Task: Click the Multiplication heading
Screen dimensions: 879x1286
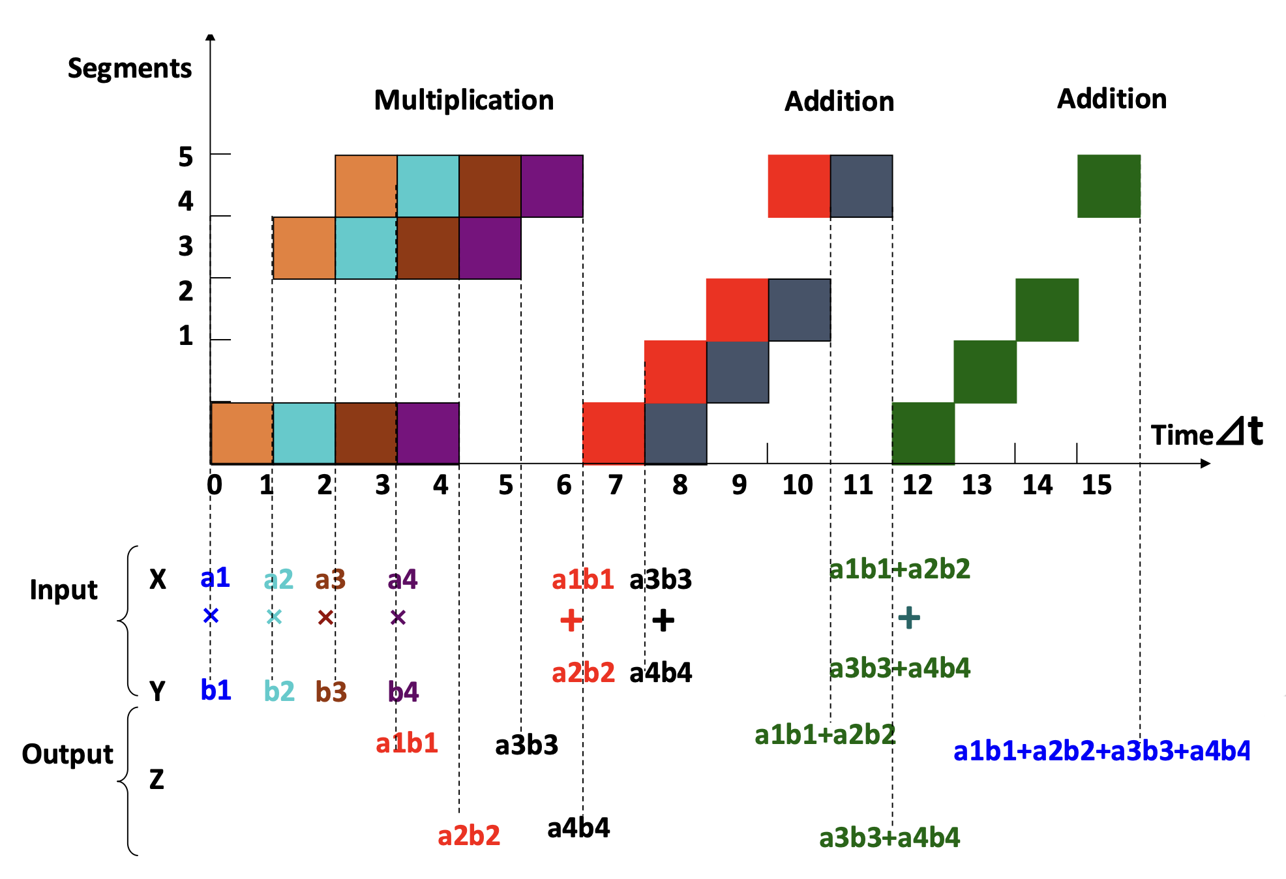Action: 464,100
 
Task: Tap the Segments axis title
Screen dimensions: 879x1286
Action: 130,68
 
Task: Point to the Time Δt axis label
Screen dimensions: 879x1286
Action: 1206,433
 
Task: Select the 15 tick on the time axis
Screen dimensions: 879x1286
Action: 1096,485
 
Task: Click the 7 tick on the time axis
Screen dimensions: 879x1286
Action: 615,485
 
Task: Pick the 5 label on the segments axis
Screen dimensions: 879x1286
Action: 186,157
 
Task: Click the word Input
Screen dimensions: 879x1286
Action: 63,590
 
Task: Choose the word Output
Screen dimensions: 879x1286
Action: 67,754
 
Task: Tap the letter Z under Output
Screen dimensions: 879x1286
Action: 157,780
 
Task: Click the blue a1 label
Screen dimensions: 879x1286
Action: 215,578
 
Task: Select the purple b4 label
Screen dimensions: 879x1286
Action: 403,692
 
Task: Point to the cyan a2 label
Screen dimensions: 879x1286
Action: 278,580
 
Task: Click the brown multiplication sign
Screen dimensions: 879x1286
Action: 325,617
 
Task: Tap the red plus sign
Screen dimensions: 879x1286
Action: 571,620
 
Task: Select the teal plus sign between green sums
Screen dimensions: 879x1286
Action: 909,617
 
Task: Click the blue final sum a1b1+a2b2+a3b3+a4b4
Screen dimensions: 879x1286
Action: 1101,751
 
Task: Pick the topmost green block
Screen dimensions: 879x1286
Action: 1109,186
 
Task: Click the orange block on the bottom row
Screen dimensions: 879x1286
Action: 242,433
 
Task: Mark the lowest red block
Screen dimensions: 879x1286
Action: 614,433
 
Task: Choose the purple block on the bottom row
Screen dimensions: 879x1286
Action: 428,433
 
